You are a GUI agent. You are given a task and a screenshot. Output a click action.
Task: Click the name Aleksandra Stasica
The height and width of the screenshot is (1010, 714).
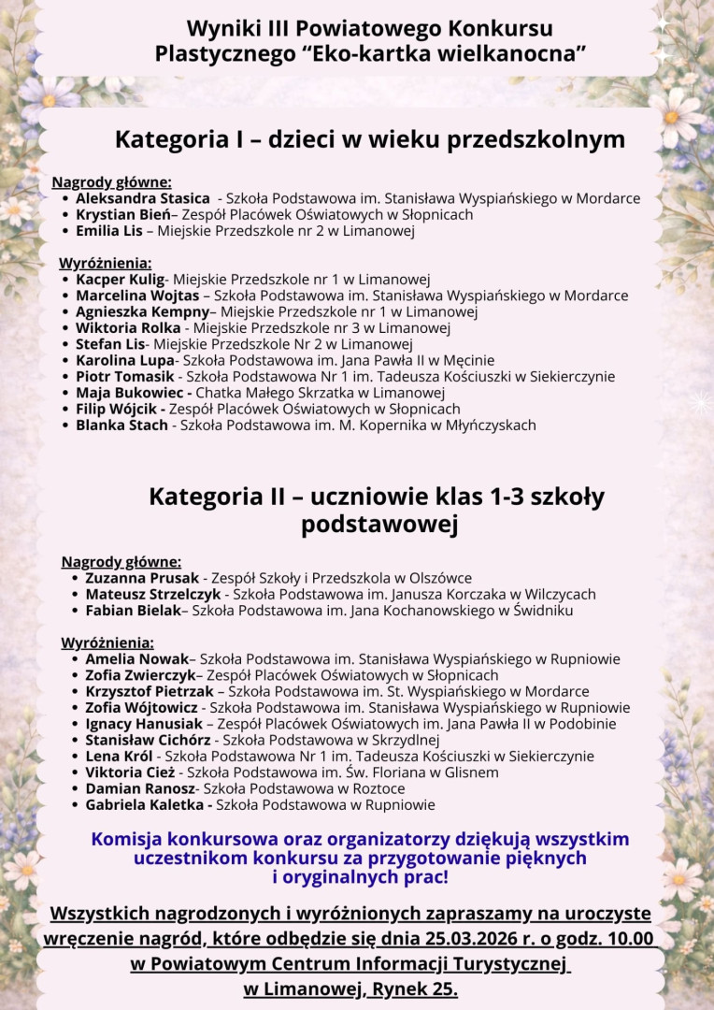[143, 198]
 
